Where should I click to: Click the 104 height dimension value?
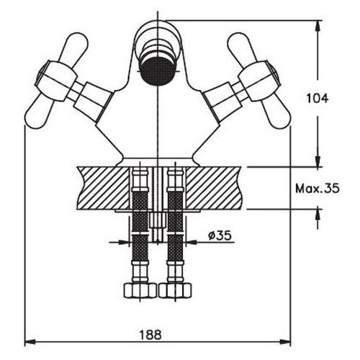click(317, 99)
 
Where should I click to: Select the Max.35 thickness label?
click(317, 189)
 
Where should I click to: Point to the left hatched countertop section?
click(101, 187)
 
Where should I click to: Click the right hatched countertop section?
click(216, 187)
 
